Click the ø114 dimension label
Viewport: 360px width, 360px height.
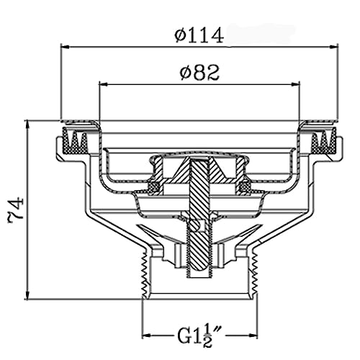199,36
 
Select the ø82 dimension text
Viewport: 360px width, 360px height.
199,73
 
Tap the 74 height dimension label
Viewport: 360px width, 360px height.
17,209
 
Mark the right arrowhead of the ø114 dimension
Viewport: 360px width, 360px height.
333,48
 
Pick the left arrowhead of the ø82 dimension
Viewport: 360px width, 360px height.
104,84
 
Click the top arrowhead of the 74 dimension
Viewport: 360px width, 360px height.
28,125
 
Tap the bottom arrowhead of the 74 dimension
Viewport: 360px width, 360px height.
28,294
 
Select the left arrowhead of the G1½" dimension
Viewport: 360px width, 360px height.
147,336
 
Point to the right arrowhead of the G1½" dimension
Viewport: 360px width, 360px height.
253,336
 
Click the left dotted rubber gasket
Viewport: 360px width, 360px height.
76,141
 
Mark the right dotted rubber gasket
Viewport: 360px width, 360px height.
323,141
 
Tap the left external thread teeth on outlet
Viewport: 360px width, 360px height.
145,274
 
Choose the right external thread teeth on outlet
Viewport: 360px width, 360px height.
255,274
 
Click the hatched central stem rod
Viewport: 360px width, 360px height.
197,216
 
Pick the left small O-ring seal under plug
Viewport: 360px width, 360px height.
154,187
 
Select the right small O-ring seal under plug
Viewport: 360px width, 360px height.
244,187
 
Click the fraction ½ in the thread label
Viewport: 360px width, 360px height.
207,336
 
